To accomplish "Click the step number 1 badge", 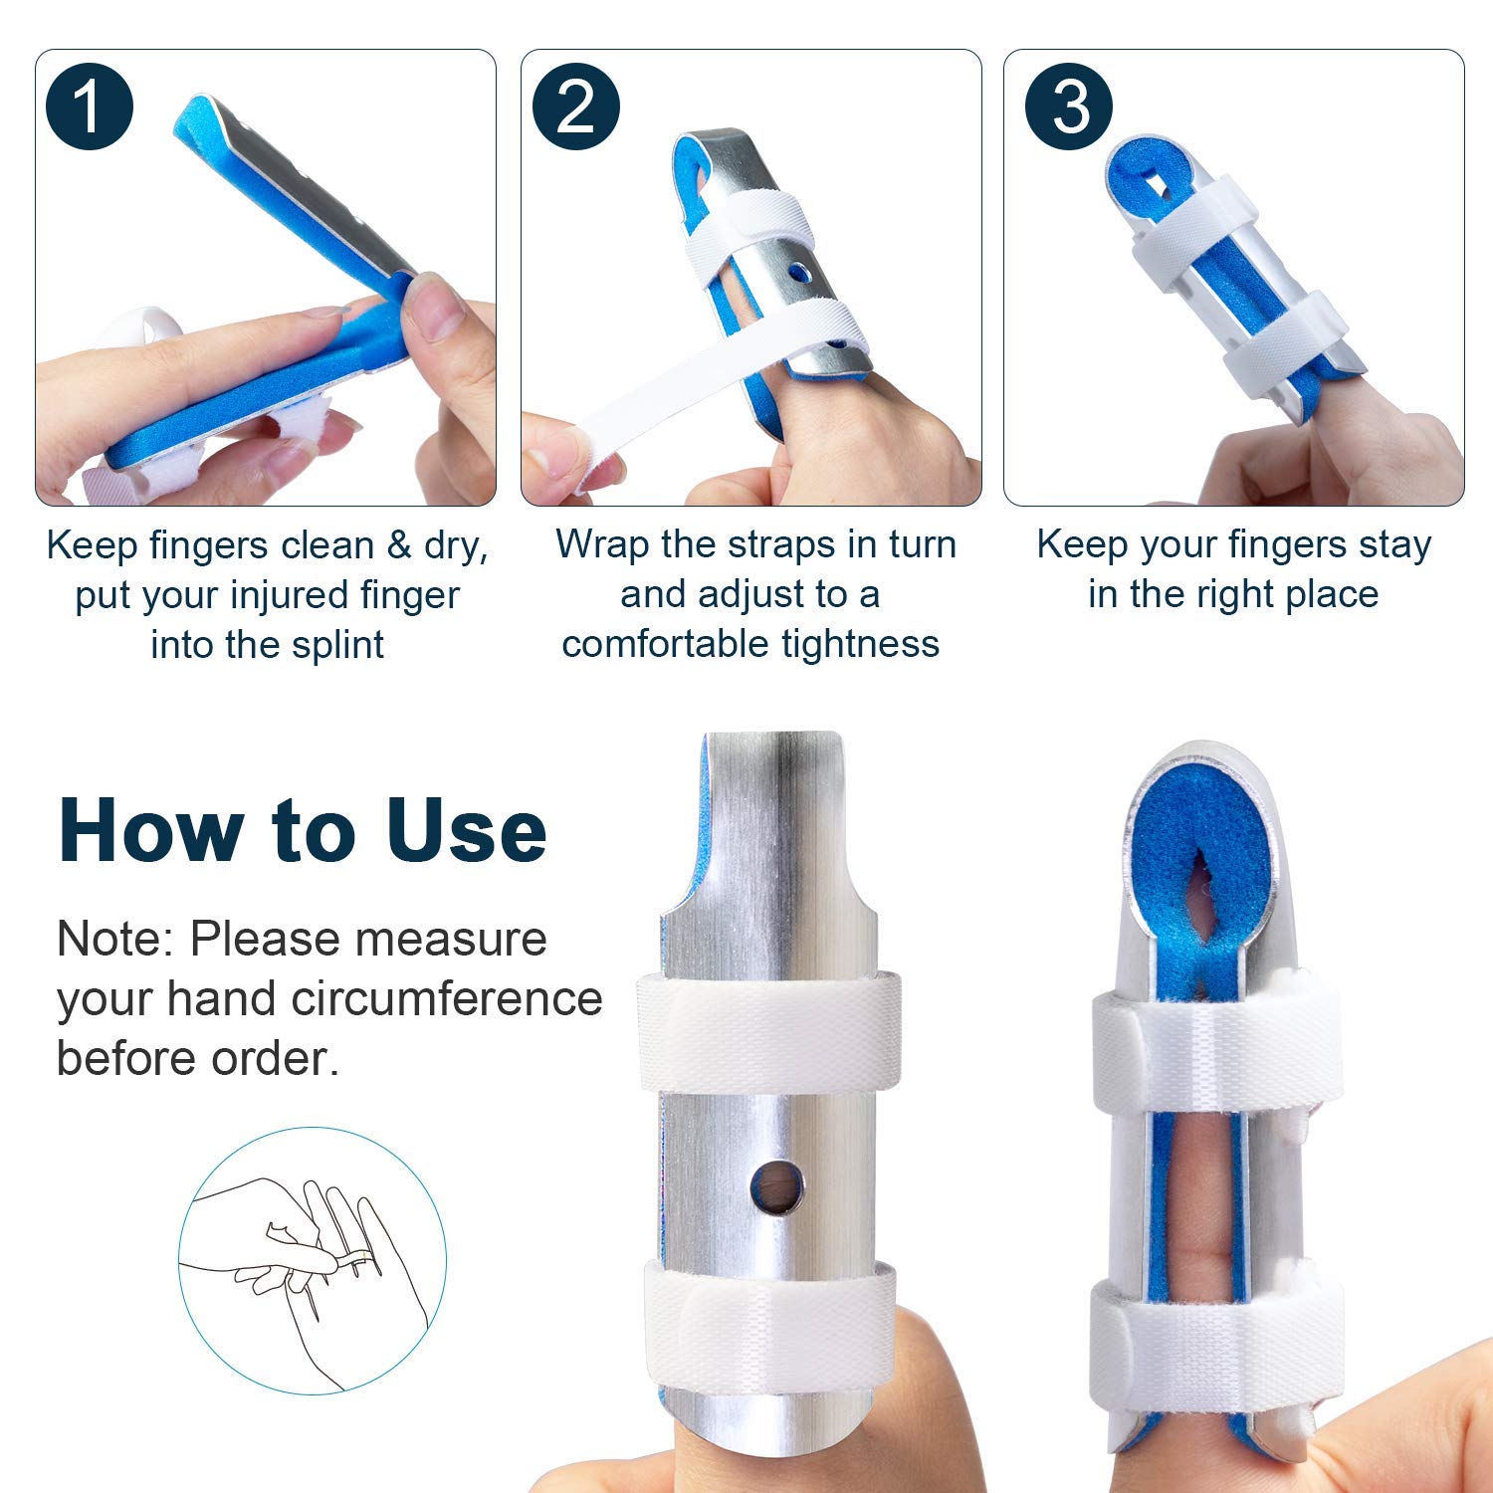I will click(x=89, y=107).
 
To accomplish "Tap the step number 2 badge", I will click(x=575, y=107).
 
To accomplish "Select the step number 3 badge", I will click(x=1070, y=107).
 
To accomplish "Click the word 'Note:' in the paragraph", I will click(x=116, y=939).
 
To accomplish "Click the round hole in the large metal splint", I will click(x=776, y=1186).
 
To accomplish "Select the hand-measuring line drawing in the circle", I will click(x=312, y=1260).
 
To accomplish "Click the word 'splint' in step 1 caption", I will click(x=337, y=645).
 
